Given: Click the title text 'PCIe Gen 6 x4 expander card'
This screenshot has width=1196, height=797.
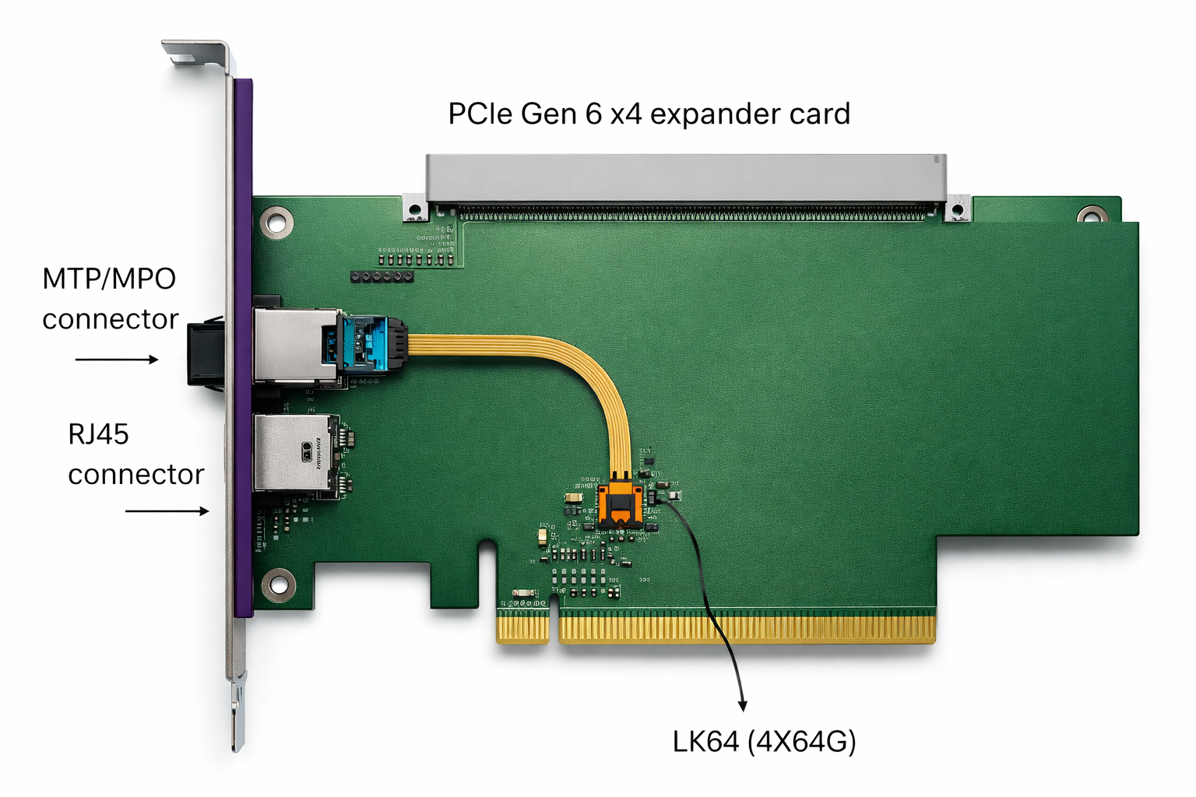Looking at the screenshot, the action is pos(649,114).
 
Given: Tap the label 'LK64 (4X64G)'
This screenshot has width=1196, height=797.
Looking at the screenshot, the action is pos(764,742).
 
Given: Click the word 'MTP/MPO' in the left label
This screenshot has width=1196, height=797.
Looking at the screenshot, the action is pos(109,279).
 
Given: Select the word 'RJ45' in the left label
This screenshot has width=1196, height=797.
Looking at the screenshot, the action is pos(98,434).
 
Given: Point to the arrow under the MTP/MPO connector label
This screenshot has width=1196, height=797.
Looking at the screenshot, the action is pos(117,360).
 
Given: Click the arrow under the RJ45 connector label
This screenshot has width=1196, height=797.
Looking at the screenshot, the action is pos(167,511).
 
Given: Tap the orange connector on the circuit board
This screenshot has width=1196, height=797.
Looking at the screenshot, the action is pos(619,502).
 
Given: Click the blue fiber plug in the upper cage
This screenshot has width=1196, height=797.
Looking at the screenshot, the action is pos(364,343).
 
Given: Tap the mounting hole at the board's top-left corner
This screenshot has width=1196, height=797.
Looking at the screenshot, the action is pos(276,223).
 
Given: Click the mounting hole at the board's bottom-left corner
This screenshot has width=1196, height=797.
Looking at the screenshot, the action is pos(278,585).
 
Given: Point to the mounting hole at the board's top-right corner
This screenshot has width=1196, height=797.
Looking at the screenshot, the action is pos(1092,215).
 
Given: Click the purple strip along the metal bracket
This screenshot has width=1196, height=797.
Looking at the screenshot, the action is pos(244,347).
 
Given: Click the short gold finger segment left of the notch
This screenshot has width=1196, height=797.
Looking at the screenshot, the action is pos(523,629).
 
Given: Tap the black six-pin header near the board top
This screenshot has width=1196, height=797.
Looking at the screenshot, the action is pos(382,276).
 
